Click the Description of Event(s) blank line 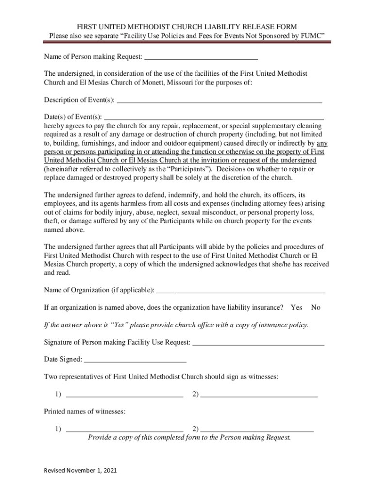click(220, 100)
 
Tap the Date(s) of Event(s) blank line click(214, 116)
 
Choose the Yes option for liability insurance click(296, 308)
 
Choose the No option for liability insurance click(316, 308)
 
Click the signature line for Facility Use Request click(258, 343)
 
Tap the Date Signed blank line click(136, 360)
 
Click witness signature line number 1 click(124, 394)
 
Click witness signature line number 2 click(259, 394)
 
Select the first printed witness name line click(124, 429)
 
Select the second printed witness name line click(257, 429)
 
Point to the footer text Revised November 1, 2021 click(80, 471)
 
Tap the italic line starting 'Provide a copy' click(189, 437)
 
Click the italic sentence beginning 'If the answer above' click(176, 325)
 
